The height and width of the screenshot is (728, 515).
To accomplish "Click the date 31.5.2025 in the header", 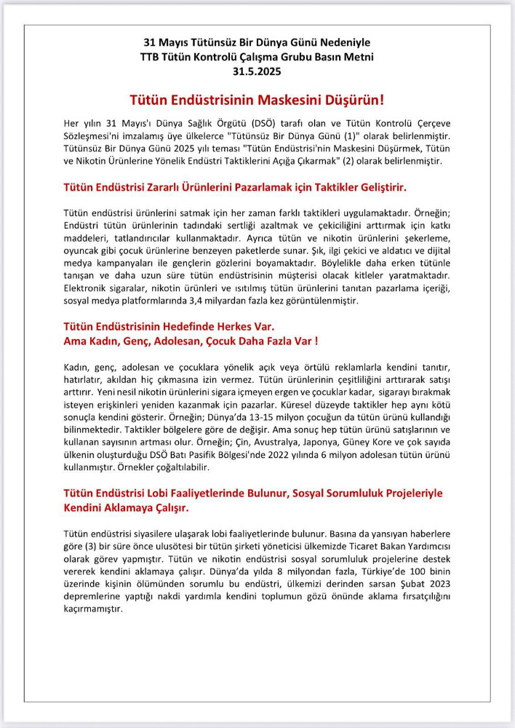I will (257, 71).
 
